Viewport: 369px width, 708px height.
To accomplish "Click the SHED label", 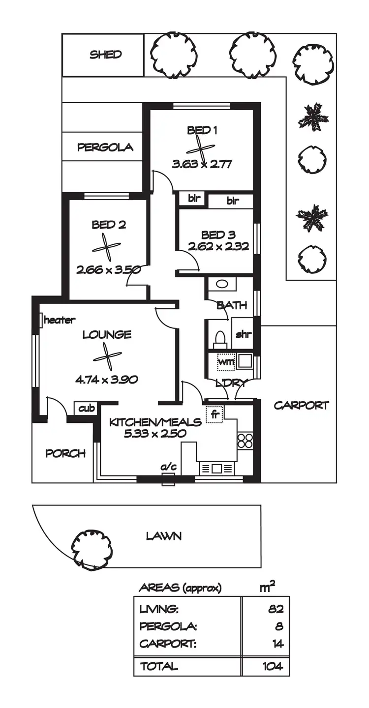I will (x=105, y=55).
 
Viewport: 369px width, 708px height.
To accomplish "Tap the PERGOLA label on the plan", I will (x=105, y=147).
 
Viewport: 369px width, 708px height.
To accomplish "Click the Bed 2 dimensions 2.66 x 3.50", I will (x=109, y=269).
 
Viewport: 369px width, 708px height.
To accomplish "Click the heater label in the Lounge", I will (x=60, y=321).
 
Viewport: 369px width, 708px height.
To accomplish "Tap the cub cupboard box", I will (x=86, y=409).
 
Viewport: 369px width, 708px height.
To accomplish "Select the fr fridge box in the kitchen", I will (x=215, y=414).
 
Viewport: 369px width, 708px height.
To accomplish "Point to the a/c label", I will (x=168, y=468).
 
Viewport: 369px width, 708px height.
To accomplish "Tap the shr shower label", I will (x=244, y=335).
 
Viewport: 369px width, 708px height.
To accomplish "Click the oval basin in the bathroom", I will (x=222, y=284).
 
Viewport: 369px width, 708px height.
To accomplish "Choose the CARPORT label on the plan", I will (x=301, y=406).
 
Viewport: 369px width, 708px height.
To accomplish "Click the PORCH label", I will (x=65, y=453).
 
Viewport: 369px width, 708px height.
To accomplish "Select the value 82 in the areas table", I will (x=276, y=609).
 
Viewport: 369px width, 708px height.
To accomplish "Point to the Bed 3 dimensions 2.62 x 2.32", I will (x=217, y=246).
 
